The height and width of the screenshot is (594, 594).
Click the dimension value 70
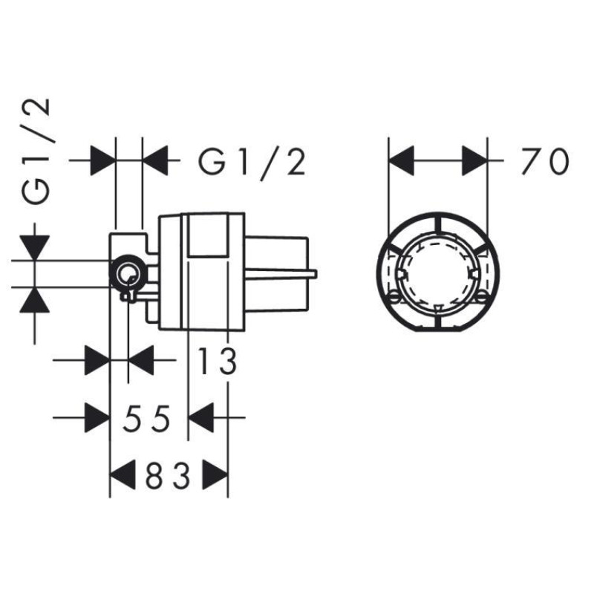point(546,161)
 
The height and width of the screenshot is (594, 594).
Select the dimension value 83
point(168,474)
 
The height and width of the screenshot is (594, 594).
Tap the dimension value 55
point(147,418)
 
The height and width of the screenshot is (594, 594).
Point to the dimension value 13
point(218,361)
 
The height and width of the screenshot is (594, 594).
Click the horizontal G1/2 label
point(252,162)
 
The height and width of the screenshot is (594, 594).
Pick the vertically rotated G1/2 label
point(36,151)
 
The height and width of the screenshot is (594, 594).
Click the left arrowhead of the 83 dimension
point(123,474)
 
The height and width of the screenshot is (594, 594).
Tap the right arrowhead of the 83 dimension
point(215,474)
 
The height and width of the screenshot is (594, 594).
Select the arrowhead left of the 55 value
point(97,417)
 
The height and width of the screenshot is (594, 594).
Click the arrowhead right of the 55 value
point(201,417)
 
